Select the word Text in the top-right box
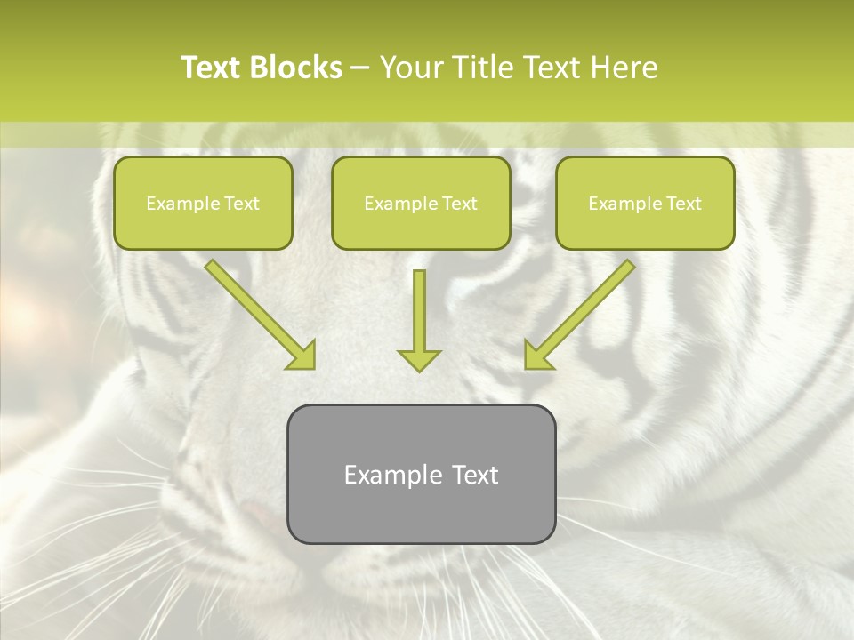point(684,204)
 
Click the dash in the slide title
point(360,68)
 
